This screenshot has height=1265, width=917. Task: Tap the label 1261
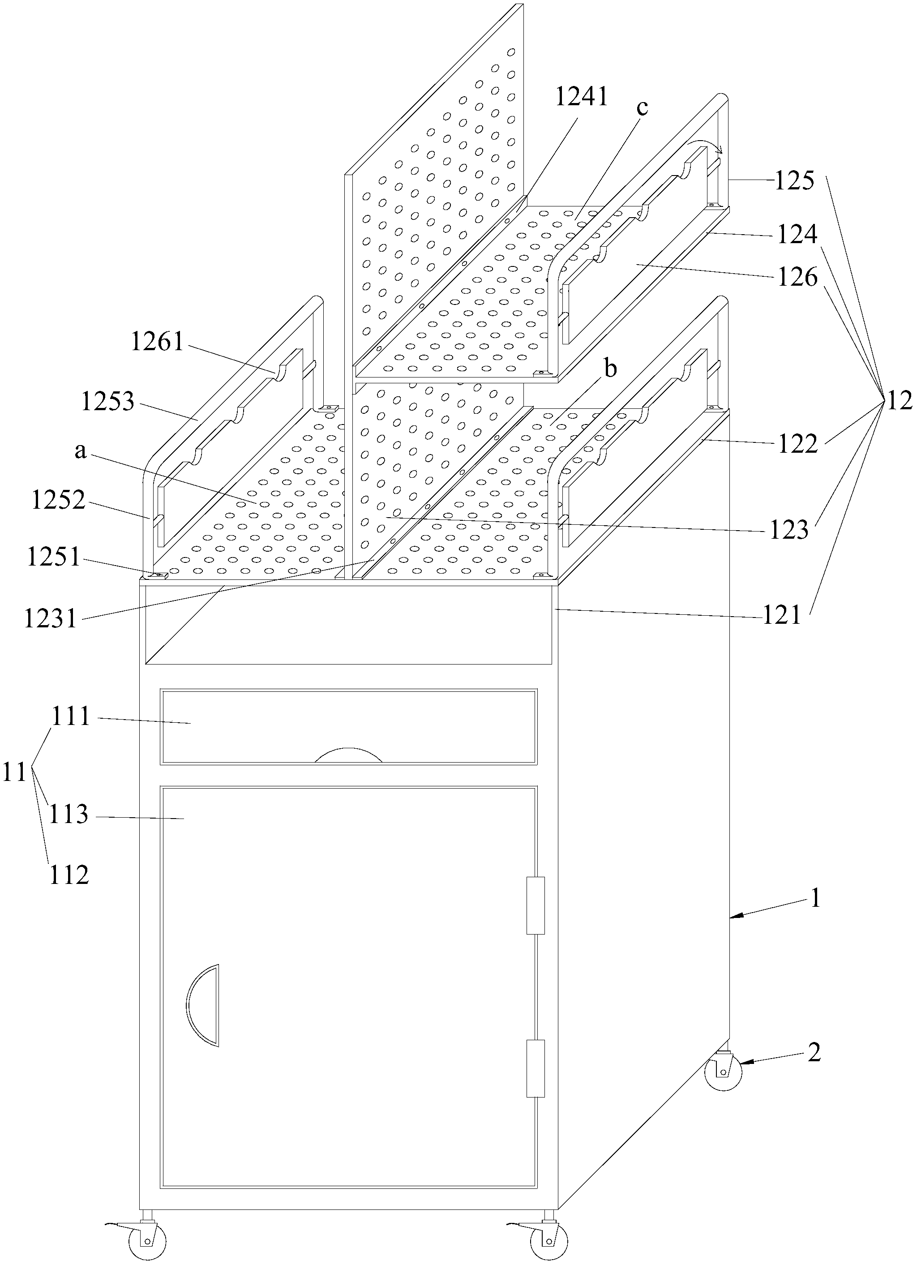(x=157, y=341)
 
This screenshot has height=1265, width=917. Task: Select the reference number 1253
(x=107, y=401)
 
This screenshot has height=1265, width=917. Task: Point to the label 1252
(x=59, y=500)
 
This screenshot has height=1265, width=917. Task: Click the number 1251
(x=54, y=557)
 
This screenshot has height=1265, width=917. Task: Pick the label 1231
(x=50, y=618)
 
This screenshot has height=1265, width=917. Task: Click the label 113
(x=69, y=815)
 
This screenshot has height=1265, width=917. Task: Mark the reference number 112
(x=69, y=875)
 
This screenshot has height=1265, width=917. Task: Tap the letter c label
(x=642, y=107)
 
